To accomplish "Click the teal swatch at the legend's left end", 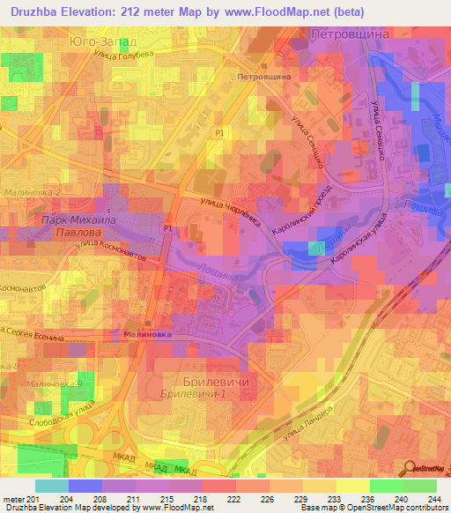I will pos(51,486).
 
